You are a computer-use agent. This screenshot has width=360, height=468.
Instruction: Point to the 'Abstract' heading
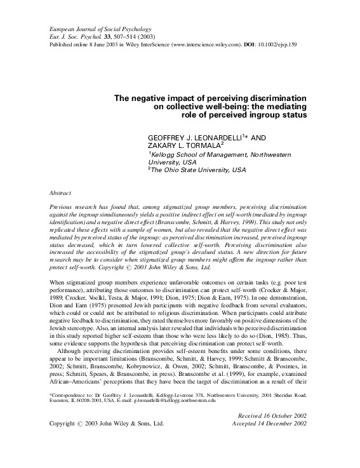(x=60, y=191)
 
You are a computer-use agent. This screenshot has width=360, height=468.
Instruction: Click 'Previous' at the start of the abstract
(x=63, y=208)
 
